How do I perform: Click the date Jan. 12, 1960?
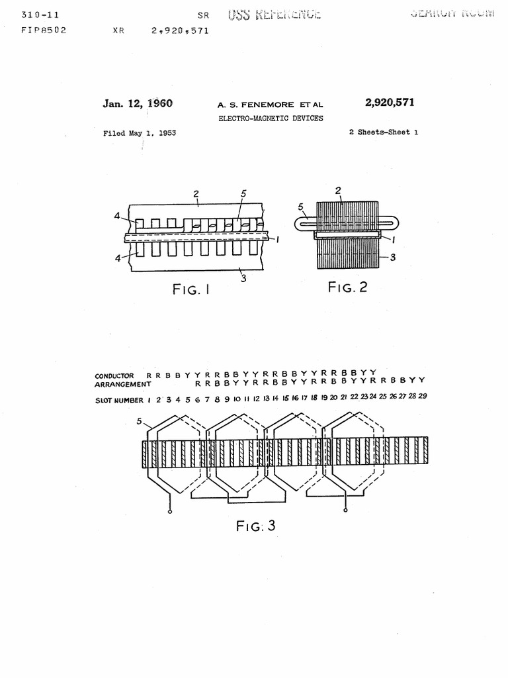coord(138,103)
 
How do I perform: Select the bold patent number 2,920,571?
coord(390,102)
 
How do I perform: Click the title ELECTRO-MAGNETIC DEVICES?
coord(271,119)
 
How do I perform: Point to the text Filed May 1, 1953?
coord(139,133)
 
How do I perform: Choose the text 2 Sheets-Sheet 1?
coord(383,132)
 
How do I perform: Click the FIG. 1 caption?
coord(190,289)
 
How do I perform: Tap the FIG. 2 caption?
coord(347,287)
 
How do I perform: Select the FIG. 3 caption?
coord(255,526)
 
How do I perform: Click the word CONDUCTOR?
coord(114,376)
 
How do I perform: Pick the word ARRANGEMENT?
coord(123,384)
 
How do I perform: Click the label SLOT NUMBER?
coord(119,400)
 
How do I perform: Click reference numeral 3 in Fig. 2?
coord(393,258)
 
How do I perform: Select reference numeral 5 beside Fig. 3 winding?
coord(139,420)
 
